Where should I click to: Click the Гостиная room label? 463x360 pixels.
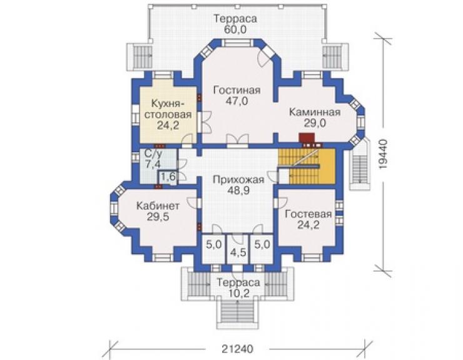coord(237,90)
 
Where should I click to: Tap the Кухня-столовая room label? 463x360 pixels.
coord(168,109)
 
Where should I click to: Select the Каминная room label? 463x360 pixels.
coord(315,112)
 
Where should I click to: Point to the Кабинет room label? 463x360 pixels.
coord(158,206)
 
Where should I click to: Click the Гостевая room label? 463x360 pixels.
coord(308,214)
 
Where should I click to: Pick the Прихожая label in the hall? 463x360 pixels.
coord(238,180)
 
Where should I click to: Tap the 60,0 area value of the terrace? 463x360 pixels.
coord(235,29)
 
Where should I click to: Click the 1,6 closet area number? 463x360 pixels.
coord(168,177)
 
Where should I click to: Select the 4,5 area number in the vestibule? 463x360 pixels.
coord(238,254)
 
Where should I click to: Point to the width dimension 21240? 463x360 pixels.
coord(237,349)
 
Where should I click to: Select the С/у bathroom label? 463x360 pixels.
coord(153,153)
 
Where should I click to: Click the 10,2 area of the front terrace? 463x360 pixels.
coord(238,294)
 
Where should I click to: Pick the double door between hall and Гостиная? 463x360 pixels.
coord(238,141)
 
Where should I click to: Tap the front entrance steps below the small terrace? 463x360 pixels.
coord(238,314)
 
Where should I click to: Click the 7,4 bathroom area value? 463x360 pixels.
coord(153,164)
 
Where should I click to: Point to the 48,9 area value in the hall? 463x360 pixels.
coord(238,190)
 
